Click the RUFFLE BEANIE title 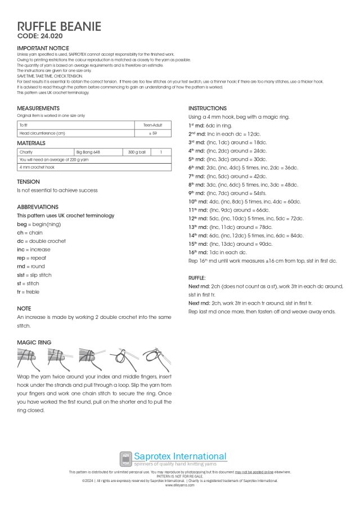tap(59, 27)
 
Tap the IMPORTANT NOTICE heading tap(43, 48)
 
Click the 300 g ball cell tap(137, 152)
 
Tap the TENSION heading tap(28, 182)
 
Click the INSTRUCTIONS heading tap(208, 108)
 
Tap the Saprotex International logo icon tap(126, 458)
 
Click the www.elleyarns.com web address tap(179, 485)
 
